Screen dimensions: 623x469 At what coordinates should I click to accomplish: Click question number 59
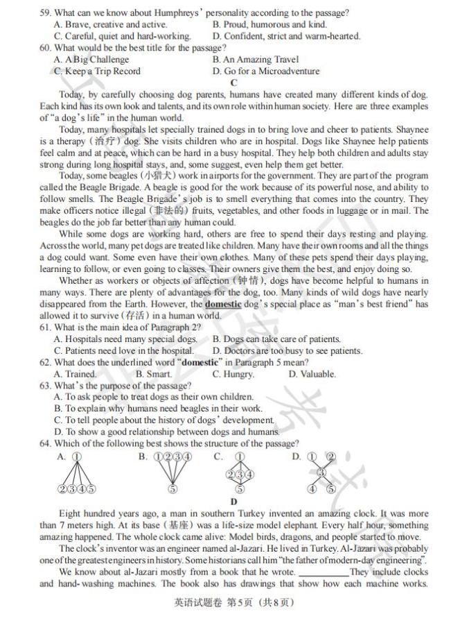[46, 12]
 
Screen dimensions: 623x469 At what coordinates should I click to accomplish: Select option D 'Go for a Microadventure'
[266, 71]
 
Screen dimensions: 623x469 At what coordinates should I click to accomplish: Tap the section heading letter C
[234, 83]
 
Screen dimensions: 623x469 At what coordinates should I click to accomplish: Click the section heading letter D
[234, 502]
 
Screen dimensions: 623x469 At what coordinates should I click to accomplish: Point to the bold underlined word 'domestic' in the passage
[223, 304]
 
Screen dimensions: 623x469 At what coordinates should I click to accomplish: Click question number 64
[46, 444]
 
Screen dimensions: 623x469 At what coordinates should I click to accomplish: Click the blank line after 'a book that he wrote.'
[324, 572]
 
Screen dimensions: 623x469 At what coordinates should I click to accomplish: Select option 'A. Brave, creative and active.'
[110, 24]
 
